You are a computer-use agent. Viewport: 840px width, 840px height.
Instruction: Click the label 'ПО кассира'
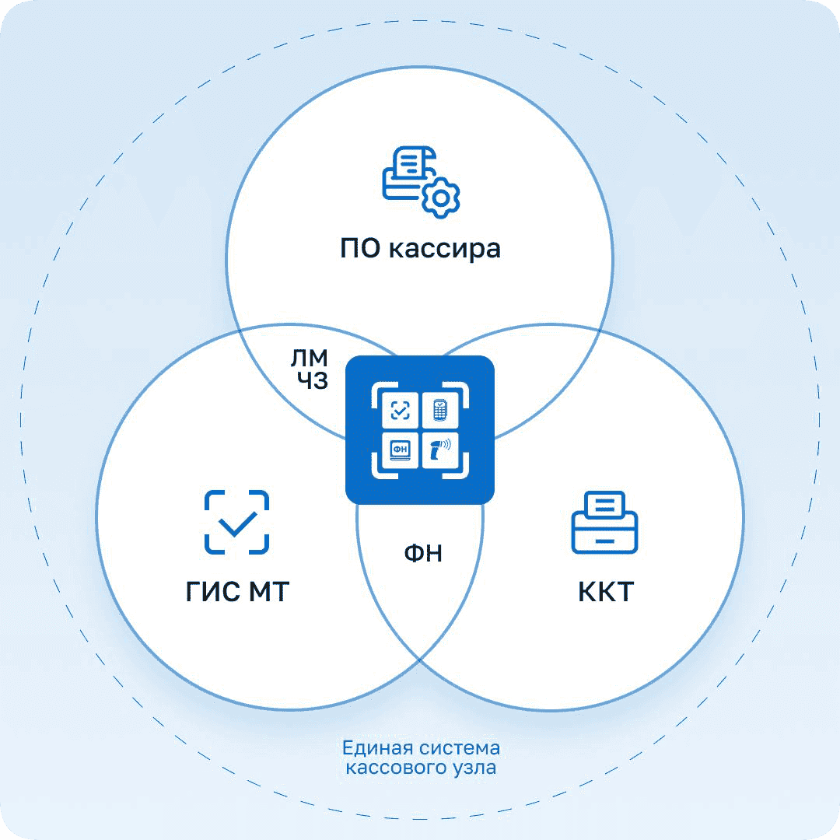[x=421, y=249]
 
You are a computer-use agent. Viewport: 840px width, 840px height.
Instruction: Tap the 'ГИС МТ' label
[x=237, y=591]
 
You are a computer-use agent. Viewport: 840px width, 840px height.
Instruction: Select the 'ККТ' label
[x=606, y=591]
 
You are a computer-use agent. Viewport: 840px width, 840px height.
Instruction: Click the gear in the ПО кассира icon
[x=440, y=198]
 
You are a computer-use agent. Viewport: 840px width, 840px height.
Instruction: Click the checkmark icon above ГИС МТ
[x=236, y=522]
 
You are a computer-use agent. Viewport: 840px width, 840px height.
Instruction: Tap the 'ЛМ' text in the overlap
[x=309, y=358]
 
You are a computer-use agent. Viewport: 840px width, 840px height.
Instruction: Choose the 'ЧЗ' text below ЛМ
[x=313, y=380]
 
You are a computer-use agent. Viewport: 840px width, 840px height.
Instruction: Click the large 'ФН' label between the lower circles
[x=423, y=553]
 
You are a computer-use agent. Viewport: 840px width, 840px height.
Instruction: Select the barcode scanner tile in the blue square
[x=440, y=450]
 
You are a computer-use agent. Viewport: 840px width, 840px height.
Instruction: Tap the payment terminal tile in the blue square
[x=440, y=411]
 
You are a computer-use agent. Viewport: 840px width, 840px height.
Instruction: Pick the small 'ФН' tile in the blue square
[x=401, y=450]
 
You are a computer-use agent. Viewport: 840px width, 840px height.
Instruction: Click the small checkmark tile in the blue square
[x=401, y=411]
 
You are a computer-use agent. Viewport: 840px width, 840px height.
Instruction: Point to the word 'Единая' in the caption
[x=378, y=748]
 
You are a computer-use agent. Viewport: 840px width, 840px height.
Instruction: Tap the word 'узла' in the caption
[x=474, y=768]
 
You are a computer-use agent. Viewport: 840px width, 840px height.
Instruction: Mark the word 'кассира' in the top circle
[x=445, y=250]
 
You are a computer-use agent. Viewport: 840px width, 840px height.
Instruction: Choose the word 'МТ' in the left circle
[x=269, y=591]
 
